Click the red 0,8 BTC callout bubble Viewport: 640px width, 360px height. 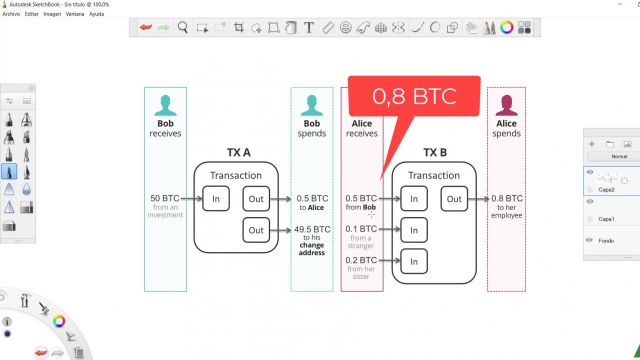point(413,98)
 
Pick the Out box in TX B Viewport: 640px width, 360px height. point(455,198)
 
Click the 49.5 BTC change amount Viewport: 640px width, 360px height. point(312,231)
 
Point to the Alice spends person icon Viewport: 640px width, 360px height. point(506,106)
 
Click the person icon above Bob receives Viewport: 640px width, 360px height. point(166,106)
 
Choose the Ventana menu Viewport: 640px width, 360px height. point(76,14)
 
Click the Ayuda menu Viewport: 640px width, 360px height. point(98,14)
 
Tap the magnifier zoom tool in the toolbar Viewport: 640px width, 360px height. point(183,27)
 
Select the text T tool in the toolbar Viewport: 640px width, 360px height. point(310,27)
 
